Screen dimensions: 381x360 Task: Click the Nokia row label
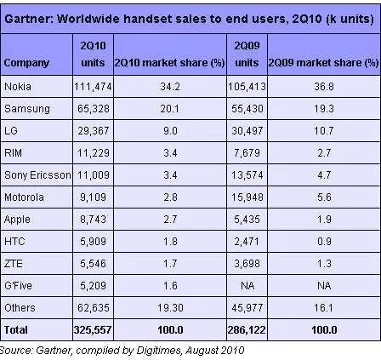click(x=18, y=87)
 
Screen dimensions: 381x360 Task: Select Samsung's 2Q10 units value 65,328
click(x=94, y=109)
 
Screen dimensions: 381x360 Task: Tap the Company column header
click(x=26, y=63)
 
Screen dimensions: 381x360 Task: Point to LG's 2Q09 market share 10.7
click(x=324, y=131)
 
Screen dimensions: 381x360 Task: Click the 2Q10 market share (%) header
click(x=169, y=63)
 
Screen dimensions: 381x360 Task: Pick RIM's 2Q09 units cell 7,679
click(x=247, y=153)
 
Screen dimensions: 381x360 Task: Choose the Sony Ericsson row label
click(x=37, y=175)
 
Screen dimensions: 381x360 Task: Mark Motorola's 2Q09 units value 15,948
click(x=247, y=197)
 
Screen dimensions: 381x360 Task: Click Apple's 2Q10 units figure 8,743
click(x=93, y=220)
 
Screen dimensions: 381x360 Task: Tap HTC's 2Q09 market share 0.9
click(x=324, y=242)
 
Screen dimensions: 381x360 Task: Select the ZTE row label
click(x=14, y=264)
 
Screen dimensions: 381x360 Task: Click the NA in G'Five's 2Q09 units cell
click(x=247, y=286)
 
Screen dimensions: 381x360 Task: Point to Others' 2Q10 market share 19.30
click(x=170, y=308)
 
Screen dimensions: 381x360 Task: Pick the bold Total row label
click(x=16, y=330)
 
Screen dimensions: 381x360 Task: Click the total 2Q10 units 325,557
click(x=93, y=330)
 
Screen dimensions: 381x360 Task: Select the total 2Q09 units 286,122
click(x=247, y=330)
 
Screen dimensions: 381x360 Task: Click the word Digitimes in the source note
click(x=158, y=351)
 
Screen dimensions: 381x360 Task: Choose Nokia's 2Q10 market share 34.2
click(x=170, y=87)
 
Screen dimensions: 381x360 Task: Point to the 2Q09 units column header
click(x=247, y=54)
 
